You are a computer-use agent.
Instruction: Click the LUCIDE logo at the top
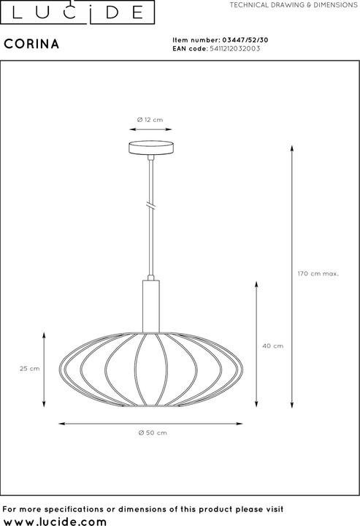click(77, 12)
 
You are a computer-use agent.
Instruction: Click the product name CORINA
click(31, 44)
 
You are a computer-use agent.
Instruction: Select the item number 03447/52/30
click(245, 40)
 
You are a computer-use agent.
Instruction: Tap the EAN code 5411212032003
click(234, 49)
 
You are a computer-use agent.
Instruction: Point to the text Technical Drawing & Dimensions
click(294, 5)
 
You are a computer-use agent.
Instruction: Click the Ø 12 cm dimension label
click(150, 120)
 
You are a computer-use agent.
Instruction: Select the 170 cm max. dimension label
click(318, 273)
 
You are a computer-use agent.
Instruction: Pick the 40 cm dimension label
click(273, 346)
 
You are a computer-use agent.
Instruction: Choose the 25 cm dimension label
click(29, 368)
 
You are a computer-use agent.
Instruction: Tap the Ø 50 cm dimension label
click(153, 432)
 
